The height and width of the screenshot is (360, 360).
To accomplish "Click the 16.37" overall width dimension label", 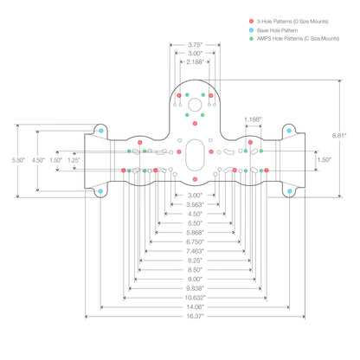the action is coord(195,316).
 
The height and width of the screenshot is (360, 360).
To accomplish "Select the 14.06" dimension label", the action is coord(195,307).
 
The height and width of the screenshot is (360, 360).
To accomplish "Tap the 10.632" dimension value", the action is coord(195,298).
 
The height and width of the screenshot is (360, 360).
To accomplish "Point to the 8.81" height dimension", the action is coord(338,136).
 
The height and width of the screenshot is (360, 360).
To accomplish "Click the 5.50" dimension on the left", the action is coord(18,160).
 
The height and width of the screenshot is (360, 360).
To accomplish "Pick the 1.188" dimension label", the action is coord(253,119).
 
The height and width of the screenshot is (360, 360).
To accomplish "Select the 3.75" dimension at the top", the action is coord(196,45).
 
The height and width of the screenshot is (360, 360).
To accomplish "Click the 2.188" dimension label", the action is coord(195,61).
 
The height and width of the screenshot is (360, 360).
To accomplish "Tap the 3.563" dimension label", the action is coord(195,204).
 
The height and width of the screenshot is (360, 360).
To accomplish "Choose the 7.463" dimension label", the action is coord(195,251).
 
